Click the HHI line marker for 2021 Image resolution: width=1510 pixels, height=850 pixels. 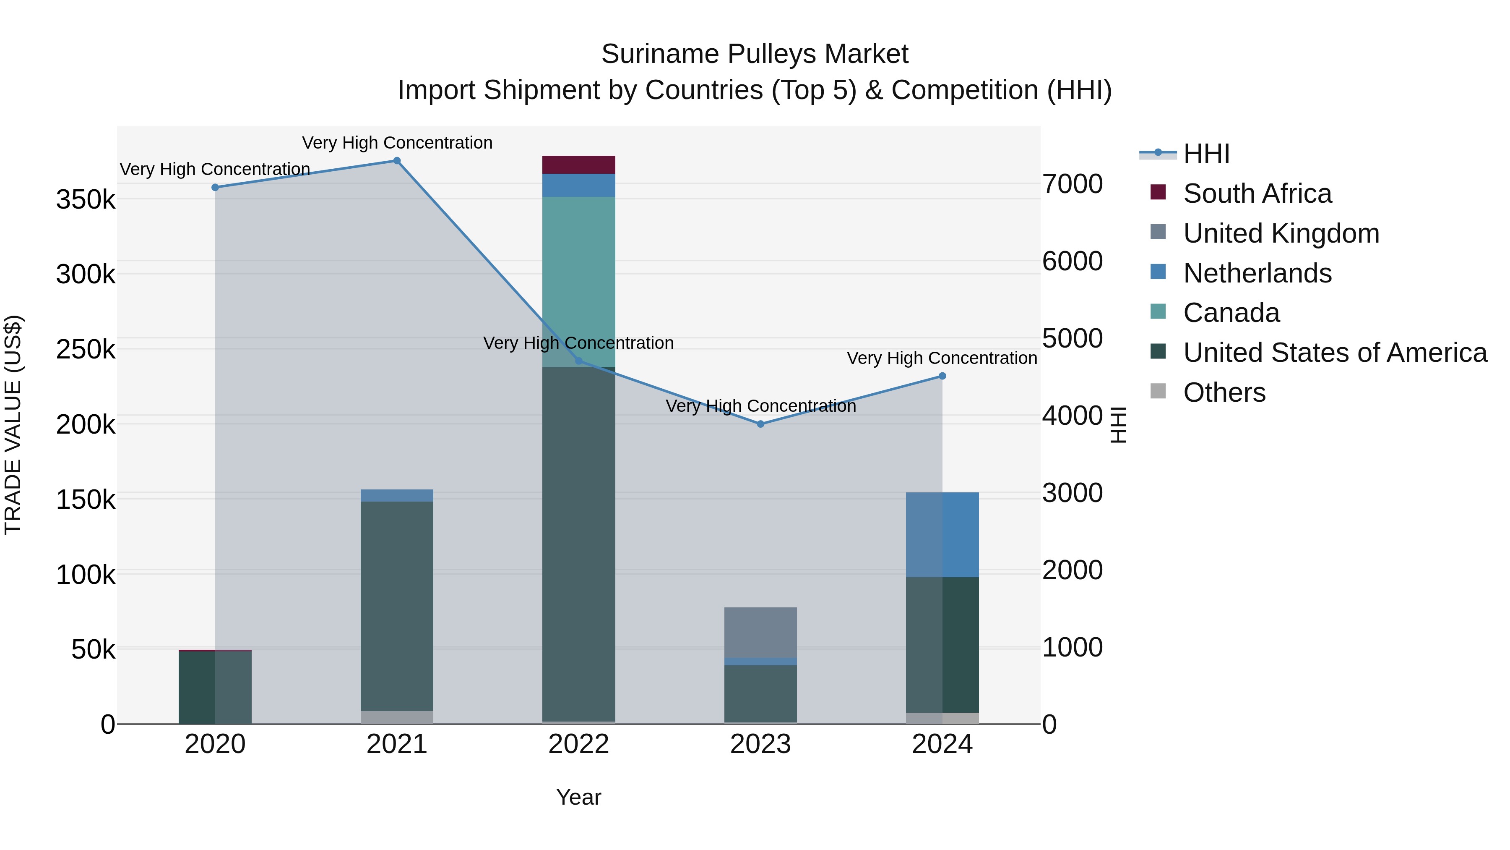(397, 161)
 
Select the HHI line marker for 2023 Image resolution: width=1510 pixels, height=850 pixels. (760, 424)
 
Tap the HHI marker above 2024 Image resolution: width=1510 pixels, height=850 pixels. (942, 376)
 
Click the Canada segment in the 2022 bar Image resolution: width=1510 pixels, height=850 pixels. (578, 282)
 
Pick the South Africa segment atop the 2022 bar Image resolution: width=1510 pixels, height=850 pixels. (578, 165)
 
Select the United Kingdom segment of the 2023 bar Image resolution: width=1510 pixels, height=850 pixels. (760, 633)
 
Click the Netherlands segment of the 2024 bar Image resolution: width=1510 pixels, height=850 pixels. (942, 534)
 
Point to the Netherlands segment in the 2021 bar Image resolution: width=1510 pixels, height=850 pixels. (397, 496)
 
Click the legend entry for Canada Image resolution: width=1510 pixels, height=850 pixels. (1231, 313)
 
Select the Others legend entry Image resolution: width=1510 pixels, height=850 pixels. (1224, 392)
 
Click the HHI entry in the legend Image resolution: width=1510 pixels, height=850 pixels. (1206, 154)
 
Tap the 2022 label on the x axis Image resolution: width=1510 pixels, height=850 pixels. (578, 744)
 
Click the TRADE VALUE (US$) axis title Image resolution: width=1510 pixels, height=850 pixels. (13, 425)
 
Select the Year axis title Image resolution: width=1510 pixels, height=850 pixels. (578, 797)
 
